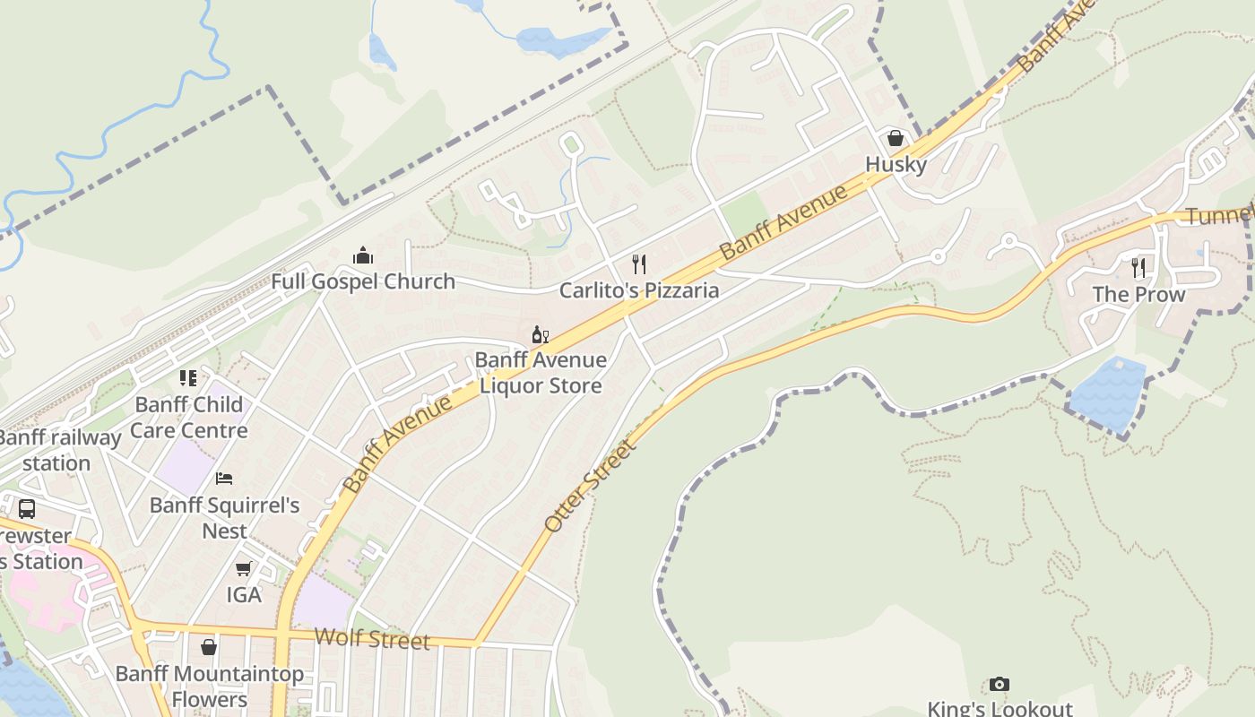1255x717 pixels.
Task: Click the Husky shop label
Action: click(896, 165)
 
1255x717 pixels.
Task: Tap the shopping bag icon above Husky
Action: click(895, 138)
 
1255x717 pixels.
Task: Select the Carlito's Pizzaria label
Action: click(639, 290)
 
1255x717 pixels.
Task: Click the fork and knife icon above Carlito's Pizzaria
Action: click(639, 263)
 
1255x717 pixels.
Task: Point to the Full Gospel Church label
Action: click(363, 281)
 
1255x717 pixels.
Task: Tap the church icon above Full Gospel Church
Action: click(363, 256)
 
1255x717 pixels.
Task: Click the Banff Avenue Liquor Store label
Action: click(541, 373)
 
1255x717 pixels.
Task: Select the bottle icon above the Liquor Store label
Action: click(540, 335)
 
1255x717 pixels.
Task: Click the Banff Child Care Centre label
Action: click(189, 418)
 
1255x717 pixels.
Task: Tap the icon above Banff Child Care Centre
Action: click(188, 378)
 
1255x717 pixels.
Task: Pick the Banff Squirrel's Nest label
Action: click(224, 518)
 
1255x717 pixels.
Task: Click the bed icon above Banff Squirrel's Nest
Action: click(224, 479)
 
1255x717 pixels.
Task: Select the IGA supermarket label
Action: click(244, 595)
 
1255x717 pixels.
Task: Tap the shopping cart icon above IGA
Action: click(243, 568)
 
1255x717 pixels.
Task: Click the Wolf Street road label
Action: click(372, 639)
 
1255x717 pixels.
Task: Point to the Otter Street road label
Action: click(590, 485)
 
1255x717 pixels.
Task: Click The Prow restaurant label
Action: click(1138, 295)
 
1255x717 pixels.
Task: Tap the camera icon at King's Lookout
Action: click(1000, 685)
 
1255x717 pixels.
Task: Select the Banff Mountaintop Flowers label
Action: click(210, 687)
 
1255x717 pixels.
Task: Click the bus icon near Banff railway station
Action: click(27, 509)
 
